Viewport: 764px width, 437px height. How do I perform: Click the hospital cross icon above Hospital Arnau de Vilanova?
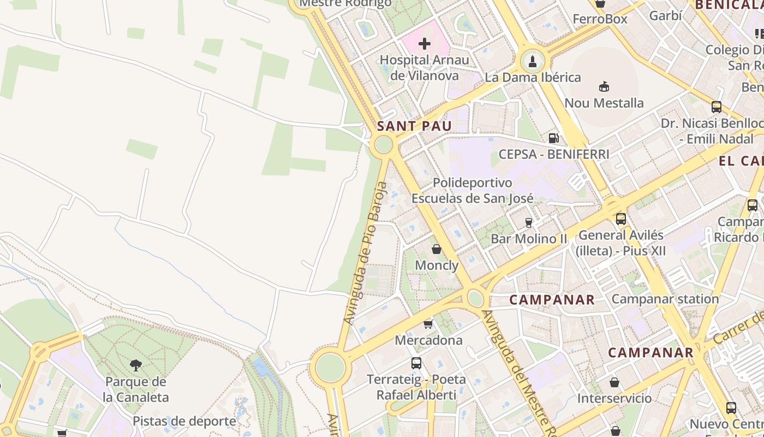point(425,44)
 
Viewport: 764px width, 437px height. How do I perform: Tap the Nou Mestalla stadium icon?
point(604,86)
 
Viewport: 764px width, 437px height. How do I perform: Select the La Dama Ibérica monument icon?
point(532,61)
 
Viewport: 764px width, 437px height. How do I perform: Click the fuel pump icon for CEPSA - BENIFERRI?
point(553,138)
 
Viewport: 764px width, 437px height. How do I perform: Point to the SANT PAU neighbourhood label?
point(414,126)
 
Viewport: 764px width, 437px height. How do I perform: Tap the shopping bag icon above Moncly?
point(437,249)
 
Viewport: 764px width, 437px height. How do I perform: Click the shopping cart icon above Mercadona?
point(428,324)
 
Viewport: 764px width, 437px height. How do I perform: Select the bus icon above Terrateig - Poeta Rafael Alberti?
point(416,363)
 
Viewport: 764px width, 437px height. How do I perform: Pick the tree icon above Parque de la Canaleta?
point(135,365)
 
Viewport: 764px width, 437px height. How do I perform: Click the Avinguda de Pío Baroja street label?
point(366,261)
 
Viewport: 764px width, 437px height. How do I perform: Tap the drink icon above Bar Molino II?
point(528,222)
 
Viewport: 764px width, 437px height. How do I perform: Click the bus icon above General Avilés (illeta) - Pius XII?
point(621,219)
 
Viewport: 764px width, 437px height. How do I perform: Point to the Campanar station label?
point(665,299)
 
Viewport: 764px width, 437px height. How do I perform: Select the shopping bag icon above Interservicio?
point(614,382)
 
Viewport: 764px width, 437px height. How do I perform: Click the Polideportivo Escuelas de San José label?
point(473,190)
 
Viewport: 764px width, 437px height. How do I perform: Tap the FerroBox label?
point(600,19)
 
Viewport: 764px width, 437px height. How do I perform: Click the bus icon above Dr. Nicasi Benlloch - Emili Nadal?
point(717,107)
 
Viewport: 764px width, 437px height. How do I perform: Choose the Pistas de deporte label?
point(184,421)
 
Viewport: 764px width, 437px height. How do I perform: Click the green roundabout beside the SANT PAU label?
point(384,145)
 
